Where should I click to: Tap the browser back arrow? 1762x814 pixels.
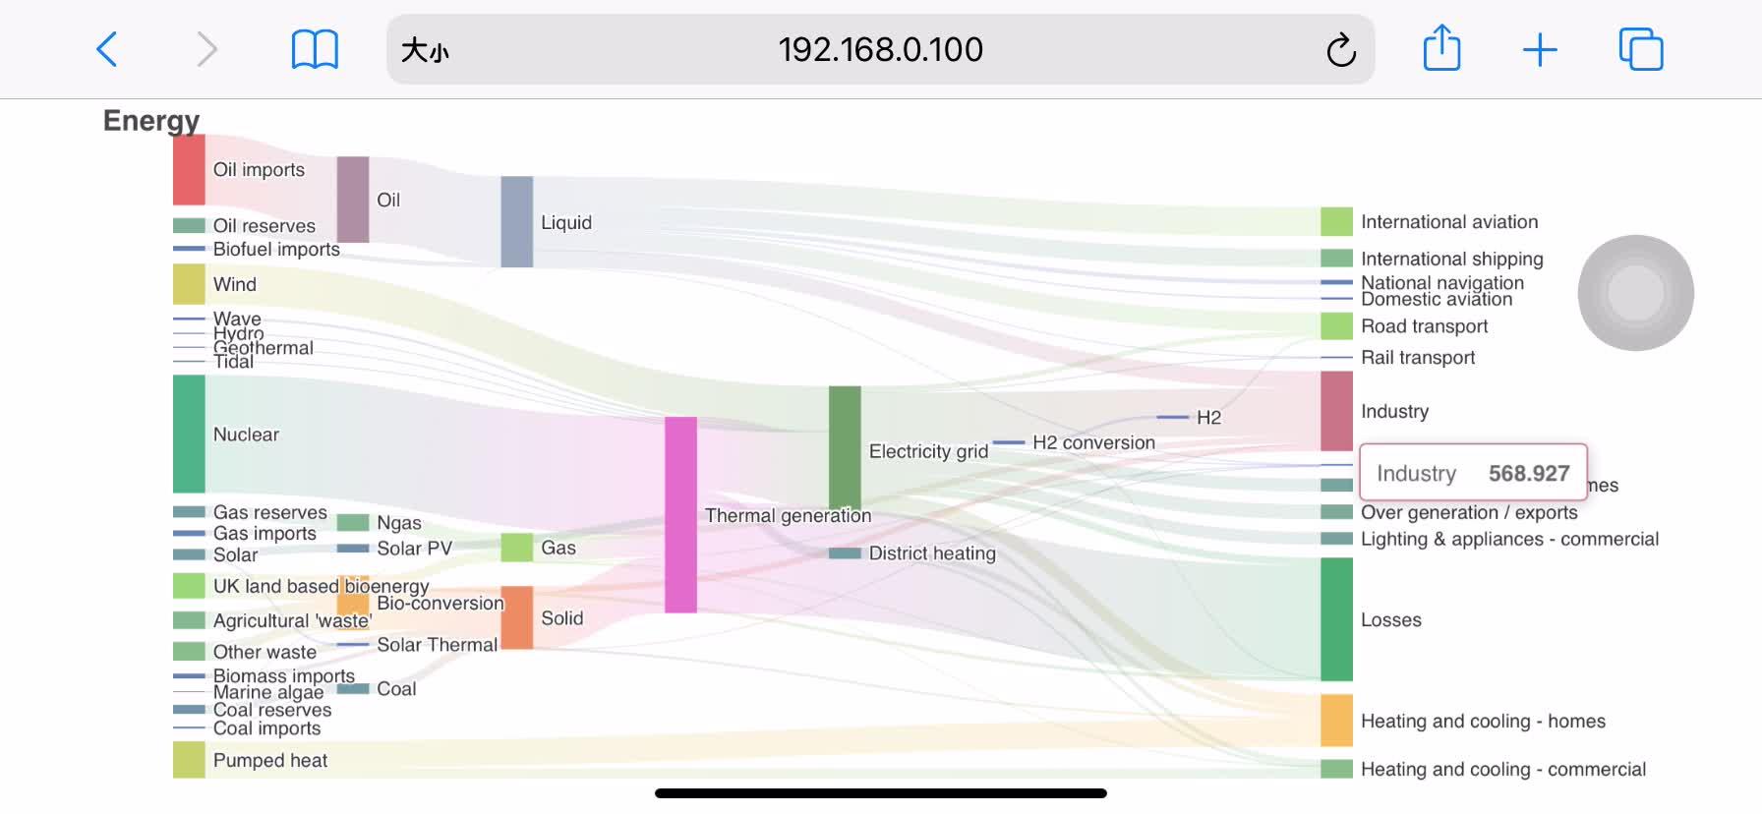pos(107,49)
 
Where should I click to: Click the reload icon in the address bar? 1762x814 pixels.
pos(1340,50)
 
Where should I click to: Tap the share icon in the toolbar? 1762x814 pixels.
pos(1441,48)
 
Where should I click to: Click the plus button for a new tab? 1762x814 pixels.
pos(1540,49)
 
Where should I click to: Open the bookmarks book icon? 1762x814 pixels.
pos(315,49)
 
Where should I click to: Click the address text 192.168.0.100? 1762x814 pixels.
pos(880,49)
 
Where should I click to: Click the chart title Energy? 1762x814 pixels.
pos(151,120)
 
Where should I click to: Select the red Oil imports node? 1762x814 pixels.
pos(189,170)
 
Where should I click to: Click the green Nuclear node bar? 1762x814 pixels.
pos(189,434)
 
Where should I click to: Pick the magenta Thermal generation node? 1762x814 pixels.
pos(680,514)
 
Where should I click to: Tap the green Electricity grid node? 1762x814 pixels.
pos(845,447)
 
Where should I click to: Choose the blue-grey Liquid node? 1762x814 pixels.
pos(516,222)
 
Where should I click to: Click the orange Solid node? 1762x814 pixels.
pos(516,617)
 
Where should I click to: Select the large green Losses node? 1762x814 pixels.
pos(1336,619)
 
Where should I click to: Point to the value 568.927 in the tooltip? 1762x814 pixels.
pos(1528,473)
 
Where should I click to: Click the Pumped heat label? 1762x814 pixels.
pos(270,760)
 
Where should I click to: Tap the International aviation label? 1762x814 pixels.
pos(1449,222)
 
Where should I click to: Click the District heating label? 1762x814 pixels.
pos(932,553)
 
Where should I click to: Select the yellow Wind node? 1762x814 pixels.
pos(189,284)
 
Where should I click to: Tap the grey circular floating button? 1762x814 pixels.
pos(1635,293)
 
